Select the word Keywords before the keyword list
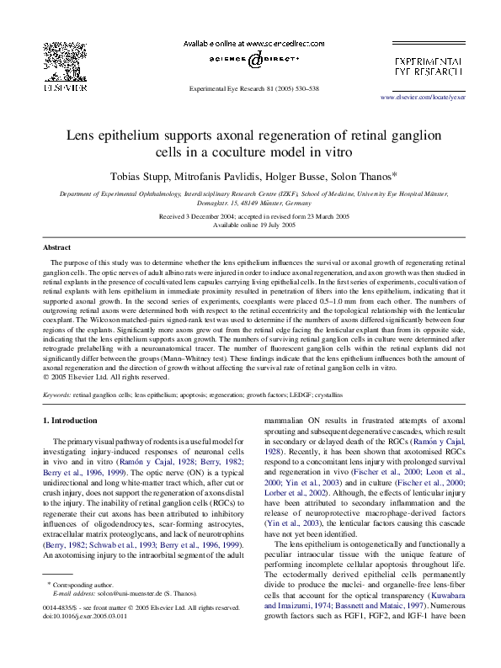[x=56, y=393]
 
